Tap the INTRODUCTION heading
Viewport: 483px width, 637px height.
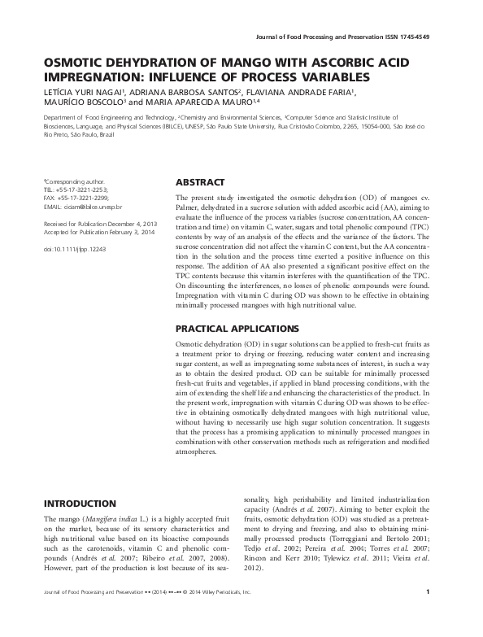click(x=79, y=504)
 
